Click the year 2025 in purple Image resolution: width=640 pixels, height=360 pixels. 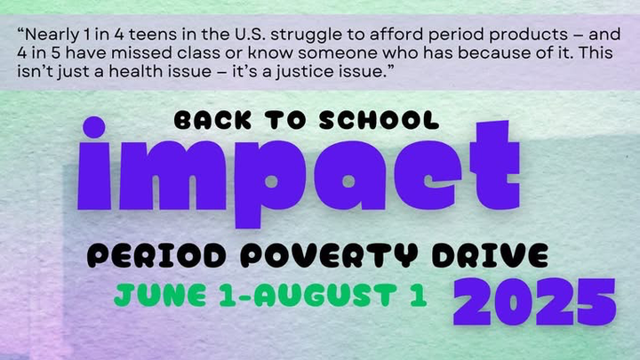[x=534, y=301]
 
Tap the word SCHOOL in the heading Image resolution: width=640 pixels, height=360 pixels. [x=379, y=120]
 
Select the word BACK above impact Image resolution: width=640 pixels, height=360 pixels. [x=212, y=120]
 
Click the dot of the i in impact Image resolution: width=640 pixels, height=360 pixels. [x=94, y=127]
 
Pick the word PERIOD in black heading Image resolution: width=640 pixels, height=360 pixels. [x=156, y=255]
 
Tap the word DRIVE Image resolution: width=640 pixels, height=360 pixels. [x=490, y=255]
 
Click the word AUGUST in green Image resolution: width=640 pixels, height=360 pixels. [x=325, y=295]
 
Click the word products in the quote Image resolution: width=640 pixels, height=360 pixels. [x=528, y=36]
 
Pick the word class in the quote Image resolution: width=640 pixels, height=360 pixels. [x=198, y=53]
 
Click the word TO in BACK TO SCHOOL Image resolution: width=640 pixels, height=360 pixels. [x=285, y=120]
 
